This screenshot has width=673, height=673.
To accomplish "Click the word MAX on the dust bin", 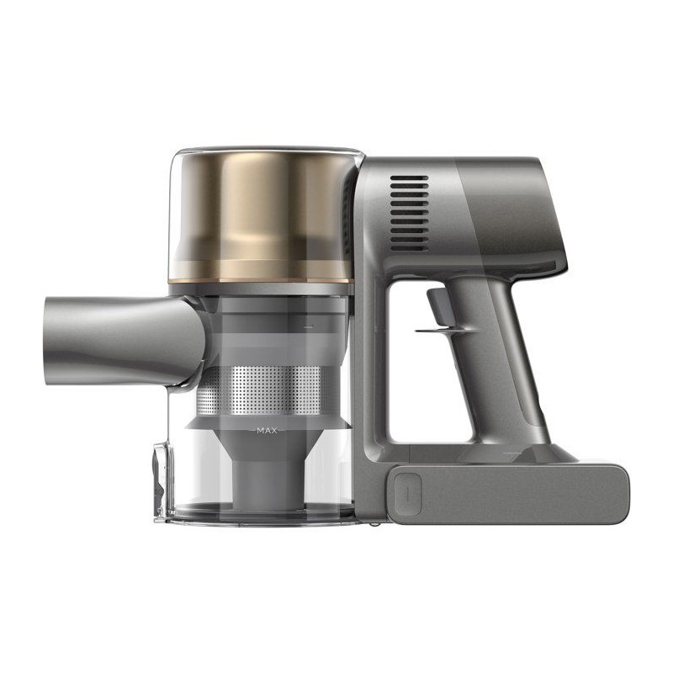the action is (x=267, y=430).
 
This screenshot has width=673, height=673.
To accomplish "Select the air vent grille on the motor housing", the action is (x=409, y=213).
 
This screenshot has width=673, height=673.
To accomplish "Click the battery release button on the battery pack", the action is (x=407, y=494).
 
